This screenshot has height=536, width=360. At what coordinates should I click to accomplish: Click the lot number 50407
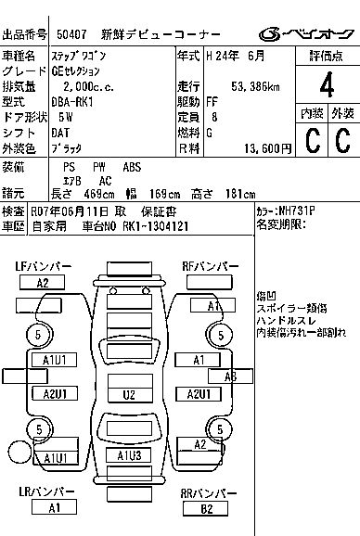click(x=71, y=34)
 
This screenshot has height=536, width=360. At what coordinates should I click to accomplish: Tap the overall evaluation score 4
click(x=327, y=85)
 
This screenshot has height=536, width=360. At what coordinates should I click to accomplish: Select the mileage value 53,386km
click(x=255, y=87)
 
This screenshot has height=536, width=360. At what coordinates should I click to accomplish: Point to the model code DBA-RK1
click(x=72, y=102)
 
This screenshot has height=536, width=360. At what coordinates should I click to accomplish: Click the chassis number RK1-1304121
click(x=156, y=226)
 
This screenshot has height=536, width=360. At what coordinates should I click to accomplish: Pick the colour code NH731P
click(x=297, y=211)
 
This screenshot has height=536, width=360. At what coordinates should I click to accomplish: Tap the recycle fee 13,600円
click(x=268, y=148)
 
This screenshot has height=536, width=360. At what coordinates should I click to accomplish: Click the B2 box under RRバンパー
click(x=205, y=509)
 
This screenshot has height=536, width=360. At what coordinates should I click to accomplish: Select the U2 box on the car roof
click(x=130, y=395)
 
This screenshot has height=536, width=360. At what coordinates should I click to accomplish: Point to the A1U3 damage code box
click(x=129, y=455)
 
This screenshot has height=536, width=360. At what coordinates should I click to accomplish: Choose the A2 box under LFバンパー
click(x=42, y=283)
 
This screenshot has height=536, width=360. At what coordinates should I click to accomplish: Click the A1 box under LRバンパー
click(x=54, y=507)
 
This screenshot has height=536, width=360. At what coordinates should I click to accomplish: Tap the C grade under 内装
click(x=313, y=140)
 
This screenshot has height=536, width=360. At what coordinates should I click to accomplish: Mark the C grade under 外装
click(x=343, y=140)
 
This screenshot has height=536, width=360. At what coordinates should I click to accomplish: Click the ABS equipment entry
click(x=132, y=167)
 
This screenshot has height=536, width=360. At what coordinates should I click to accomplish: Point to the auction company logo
click(x=305, y=34)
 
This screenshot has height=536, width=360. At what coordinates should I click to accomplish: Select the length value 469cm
click(x=99, y=194)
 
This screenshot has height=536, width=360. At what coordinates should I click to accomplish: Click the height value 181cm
click(x=240, y=194)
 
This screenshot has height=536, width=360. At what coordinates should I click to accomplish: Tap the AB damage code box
click(x=230, y=376)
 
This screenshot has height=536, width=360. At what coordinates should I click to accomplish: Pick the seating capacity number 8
click(x=214, y=117)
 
